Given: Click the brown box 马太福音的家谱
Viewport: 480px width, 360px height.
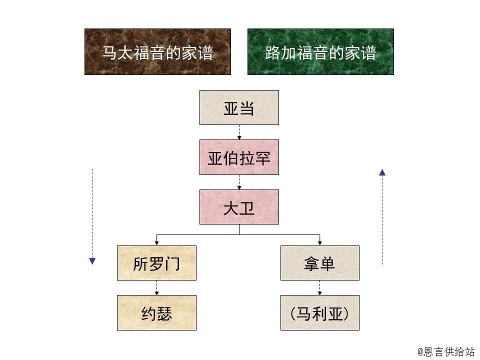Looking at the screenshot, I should pyautogui.click(x=157, y=51).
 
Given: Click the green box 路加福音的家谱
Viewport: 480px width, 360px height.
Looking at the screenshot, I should pyautogui.click(x=320, y=51).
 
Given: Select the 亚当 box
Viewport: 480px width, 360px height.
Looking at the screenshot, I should pyautogui.click(x=239, y=107).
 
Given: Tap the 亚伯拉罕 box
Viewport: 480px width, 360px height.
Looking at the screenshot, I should pyautogui.click(x=239, y=157).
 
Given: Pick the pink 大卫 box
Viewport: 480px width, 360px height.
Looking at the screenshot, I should pyautogui.click(x=239, y=207).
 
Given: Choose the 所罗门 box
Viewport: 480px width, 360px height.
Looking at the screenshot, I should pyautogui.click(x=156, y=263).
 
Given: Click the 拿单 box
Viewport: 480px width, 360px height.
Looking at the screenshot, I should pyautogui.click(x=319, y=263).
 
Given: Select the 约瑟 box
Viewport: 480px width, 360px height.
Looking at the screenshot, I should pyautogui.click(x=156, y=313).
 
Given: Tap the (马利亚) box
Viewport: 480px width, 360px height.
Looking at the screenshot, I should pyautogui.click(x=319, y=313).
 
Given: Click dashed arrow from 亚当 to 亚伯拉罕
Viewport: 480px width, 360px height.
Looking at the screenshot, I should pyautogui.click(x=239, y=132).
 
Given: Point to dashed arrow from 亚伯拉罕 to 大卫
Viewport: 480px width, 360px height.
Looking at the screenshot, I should pyautogui.click(x=239, y=182).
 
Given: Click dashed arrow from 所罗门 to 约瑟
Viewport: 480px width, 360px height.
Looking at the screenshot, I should pyautogui.click(x=156, y=287).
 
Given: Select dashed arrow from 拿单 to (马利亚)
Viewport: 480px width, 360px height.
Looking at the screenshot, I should pyautogui.click(x=319, y=287).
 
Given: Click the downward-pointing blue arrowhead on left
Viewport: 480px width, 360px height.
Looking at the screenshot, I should pyautogui.click(x=92, y=260).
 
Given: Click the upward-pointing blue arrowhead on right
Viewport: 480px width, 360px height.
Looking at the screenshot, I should pyautogui.click(x=382, y=172).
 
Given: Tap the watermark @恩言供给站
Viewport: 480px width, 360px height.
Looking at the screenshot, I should pyautogui.click(x=446, y=351).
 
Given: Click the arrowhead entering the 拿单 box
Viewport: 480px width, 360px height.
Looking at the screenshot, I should pyautogui.click(x=319, y=243).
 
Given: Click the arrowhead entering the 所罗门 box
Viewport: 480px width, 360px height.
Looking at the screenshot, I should pyautogui.click(x=156, y=243).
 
